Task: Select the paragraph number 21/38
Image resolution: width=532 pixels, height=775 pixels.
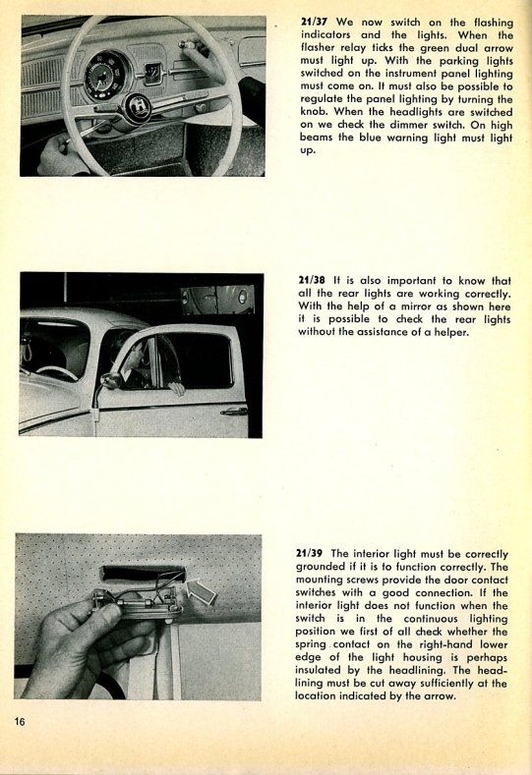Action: coord(312,281)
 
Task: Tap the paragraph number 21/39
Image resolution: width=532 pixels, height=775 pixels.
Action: coord(309,554)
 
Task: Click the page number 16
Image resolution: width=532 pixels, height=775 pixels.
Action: coord(20,722)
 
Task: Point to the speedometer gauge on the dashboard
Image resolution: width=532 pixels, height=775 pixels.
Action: coord(106,75)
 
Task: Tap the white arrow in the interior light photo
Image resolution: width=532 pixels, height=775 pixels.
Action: coord(202,590)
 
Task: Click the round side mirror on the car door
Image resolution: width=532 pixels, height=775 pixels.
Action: coord(110,381)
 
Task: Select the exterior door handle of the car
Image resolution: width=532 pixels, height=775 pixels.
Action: coord(234,412)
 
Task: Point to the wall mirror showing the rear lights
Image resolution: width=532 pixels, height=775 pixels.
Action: coord(217,300)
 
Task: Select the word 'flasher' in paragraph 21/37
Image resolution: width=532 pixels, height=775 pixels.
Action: coord(319,48)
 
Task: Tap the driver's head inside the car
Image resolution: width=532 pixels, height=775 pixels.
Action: coord(130,355)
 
